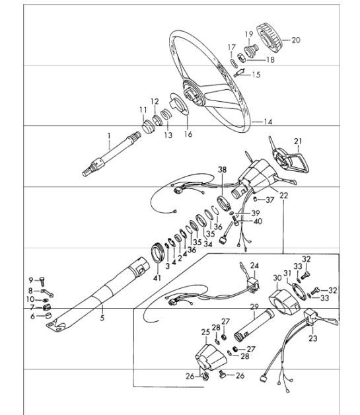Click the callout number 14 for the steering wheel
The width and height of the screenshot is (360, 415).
click(x=268, y=122)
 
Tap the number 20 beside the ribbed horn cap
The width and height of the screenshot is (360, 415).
click(x=295, y=40)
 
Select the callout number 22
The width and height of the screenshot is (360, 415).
click(x=284, y=196)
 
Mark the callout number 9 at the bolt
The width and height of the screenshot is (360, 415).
click(x=30, y=280)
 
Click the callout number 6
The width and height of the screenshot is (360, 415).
click(x=31, y=317)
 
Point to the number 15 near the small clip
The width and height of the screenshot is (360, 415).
click(x=256, y=75)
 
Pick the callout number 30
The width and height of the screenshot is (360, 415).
click(x=277, y=278)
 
